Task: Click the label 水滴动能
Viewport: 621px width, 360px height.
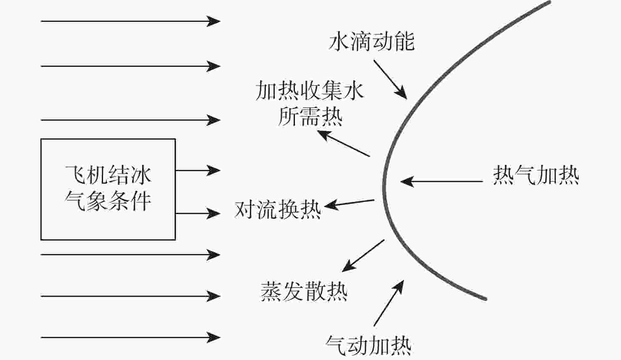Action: pos(372,42)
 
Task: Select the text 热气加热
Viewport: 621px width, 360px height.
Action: pos(536,175)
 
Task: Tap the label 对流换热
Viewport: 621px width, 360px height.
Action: pos(278,209)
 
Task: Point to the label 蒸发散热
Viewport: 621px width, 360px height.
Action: pos(304,291)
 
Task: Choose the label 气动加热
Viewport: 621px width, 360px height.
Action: pos(368,345)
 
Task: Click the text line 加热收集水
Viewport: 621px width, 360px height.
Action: pos(309,90)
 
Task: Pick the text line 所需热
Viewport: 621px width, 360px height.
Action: pos(310,116)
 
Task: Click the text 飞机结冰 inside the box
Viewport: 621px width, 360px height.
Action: pos(109,175)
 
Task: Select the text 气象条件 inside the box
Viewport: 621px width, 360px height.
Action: pos(108,201)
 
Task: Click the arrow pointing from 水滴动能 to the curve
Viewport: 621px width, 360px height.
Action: pos(390,79)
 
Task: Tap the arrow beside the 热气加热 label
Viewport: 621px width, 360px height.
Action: pos(441,182)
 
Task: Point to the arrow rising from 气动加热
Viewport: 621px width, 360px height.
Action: pos(389,303)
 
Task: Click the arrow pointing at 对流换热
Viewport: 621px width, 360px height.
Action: pos(349,204)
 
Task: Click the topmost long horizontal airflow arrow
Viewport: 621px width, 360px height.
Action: pos(130,21)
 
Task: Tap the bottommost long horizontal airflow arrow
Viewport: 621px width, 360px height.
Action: pos(130,338)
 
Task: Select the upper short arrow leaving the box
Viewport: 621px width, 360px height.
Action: pos(198,170)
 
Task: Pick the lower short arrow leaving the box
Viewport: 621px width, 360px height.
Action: pos(198,213)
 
